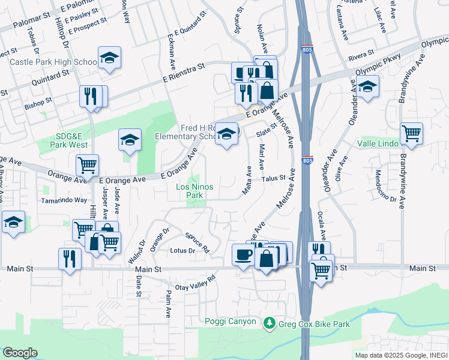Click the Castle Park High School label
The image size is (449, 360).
coord(52,62)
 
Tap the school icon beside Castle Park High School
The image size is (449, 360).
coord(109,58)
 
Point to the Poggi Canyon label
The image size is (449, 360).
coord(229,321)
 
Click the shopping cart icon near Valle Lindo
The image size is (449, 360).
coord(411,133)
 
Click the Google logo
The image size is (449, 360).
coord(19,353)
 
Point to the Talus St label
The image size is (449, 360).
coord(273,178)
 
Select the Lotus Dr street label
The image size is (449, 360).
coord(182,251)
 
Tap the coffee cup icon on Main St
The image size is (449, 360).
coord(243,254)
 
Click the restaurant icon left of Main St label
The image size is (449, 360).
coord(70,258)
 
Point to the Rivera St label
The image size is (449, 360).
coord(361,58)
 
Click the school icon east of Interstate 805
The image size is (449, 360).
coord(367,86)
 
